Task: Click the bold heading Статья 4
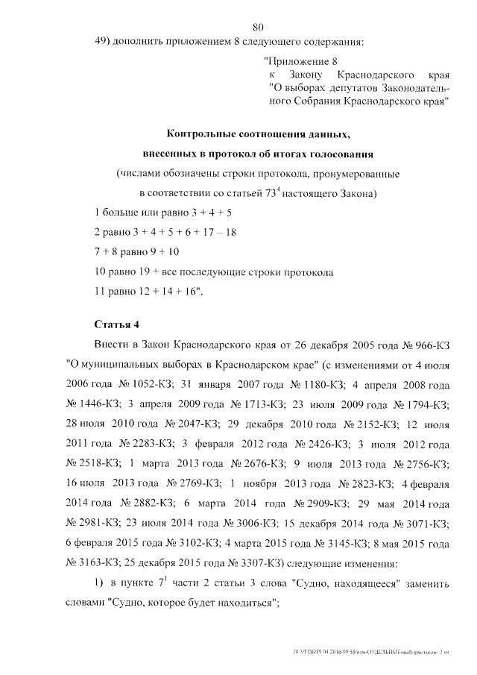tap(117, 324)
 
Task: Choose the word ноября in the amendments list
tap(263, 483)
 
